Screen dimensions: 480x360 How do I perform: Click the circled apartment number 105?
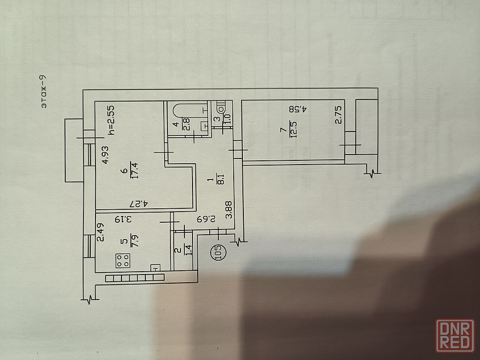(x=218, y=252)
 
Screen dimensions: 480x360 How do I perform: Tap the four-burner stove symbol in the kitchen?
(x=123, y=261)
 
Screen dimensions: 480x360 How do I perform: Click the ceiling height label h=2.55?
(x=112, y=120)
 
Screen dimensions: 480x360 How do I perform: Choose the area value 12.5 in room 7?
(x=293, y=130)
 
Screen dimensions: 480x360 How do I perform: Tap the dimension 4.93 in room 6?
(x=105, y=155)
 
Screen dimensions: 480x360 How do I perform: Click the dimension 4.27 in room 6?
(x=139, y=204)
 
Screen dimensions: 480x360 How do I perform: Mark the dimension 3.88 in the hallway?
(x=228, y=210)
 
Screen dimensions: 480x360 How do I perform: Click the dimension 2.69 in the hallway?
(x=206, y=219)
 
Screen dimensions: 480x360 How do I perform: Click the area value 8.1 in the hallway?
(x=220, y=179)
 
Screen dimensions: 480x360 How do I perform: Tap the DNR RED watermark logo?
(x=455, y=336)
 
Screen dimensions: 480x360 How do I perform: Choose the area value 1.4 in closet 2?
(x=189, y=250)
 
